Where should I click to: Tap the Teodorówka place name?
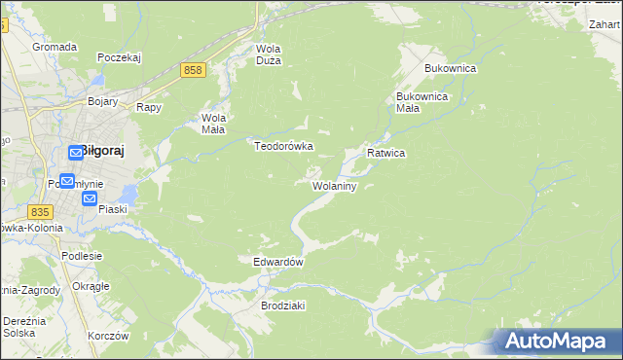pos(283,146)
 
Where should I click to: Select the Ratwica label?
pos(385,154)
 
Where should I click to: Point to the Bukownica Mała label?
pos(421,103)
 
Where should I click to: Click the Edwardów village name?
pos(279,263)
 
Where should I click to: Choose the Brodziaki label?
pos(283,306)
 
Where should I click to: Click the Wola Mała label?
pos(213,124)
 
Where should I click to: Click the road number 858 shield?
pos(193,70)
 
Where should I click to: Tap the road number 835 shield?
pos(40,212)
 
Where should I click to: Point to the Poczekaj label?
pos(120,57)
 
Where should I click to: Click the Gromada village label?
pos(55,47)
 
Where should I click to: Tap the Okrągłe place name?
pos(91,286)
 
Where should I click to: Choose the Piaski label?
pos(113,208)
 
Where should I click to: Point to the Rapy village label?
pos(148,108)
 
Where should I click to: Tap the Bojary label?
pos(102,101)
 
